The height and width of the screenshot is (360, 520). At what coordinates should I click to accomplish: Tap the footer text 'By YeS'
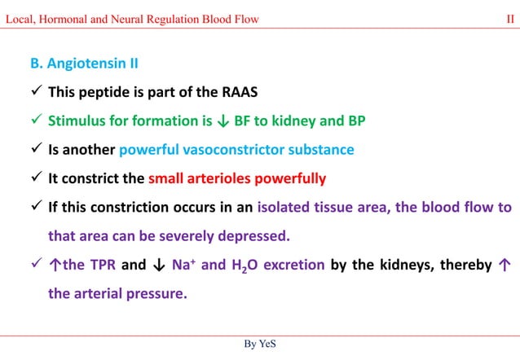pos(259,345)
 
